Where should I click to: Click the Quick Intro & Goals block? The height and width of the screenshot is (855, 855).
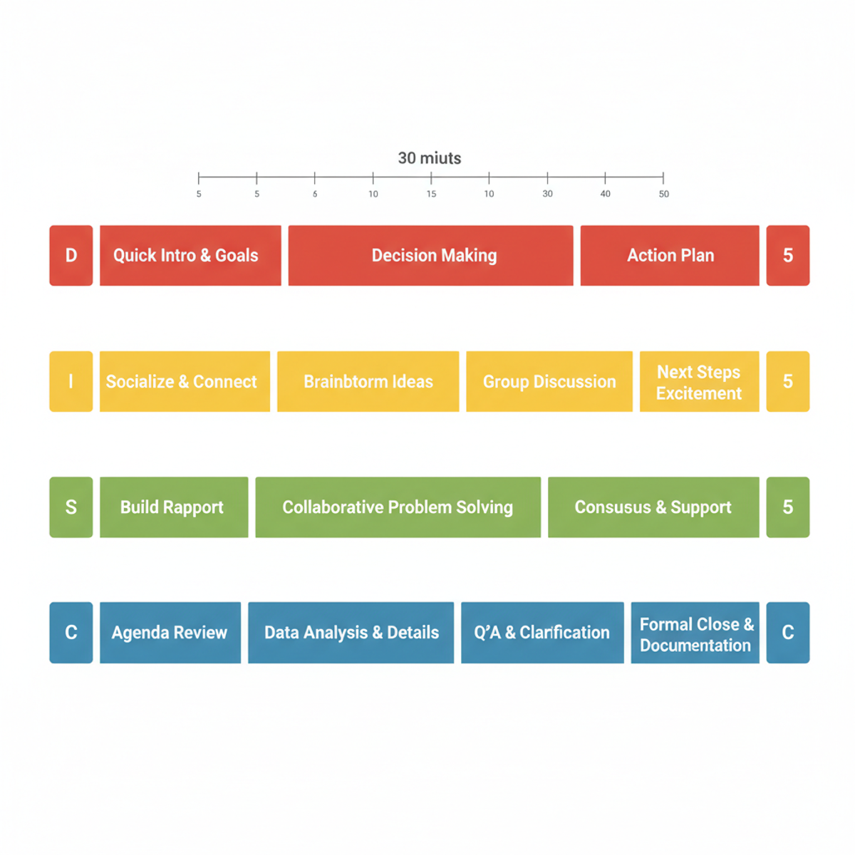coord(190,255)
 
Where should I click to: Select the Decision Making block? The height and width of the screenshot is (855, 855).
coord(430,255)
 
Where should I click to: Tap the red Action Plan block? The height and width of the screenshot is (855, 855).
coord(670,255)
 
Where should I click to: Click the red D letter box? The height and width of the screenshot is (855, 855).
coord(71,255)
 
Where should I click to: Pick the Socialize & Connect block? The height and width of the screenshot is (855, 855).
coord(185,381)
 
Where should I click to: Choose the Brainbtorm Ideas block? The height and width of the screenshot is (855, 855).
coord(368,381)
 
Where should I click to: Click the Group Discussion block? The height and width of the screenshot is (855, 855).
coord(549,381)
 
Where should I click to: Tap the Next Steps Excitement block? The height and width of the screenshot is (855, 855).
coord(699,381)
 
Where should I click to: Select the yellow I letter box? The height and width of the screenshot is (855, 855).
coord(71,381)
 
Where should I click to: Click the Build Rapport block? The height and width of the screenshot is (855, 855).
coord(174,507)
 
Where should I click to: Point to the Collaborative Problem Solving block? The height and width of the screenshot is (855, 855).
coord(398,507)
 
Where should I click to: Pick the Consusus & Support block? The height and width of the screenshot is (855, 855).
coord(653,507)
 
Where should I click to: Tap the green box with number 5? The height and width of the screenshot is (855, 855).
coord(787,507)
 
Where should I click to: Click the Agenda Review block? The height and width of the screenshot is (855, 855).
coord(170,632)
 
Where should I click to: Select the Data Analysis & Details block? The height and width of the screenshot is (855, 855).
coord(351,632)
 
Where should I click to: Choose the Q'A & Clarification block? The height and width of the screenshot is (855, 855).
coord(542,632)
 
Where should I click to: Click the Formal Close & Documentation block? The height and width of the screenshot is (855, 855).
coord(695,632)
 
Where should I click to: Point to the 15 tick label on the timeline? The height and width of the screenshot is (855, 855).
coord(431,194)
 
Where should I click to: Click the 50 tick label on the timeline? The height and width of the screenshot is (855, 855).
coord(664,194)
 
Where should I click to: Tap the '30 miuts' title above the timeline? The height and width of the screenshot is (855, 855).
coord(430,158)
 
